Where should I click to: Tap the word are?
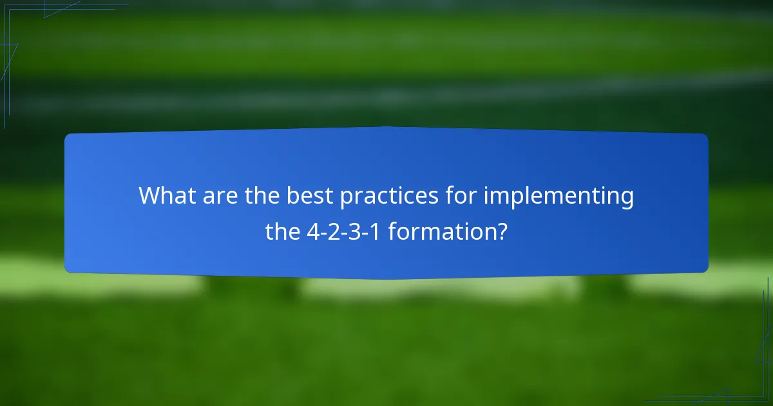coord(216,196)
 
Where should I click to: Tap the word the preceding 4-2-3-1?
coord(282,231)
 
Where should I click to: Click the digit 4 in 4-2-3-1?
coord(312,231)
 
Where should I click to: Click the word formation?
coord(438,231)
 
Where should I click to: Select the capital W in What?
coord(150,196)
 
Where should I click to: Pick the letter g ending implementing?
coord(625,198)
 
